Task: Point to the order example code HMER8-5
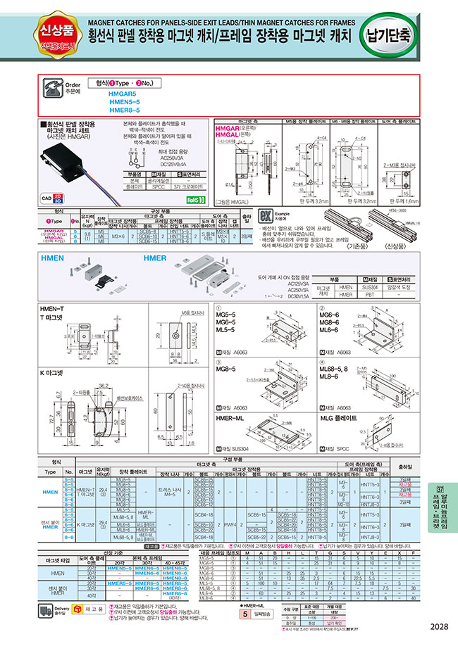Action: point(124,110)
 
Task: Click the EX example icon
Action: point(265,216)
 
